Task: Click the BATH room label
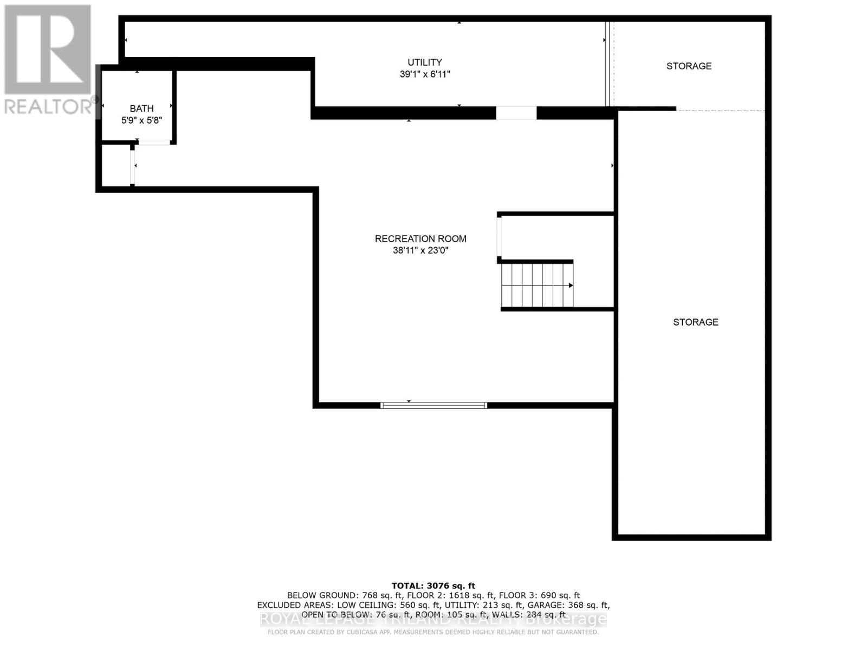point(141,109)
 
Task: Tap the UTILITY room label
point(425,62)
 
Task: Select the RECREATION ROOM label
point(420,239)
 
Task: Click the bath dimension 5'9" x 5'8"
point(141,120)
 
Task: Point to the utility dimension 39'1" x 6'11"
point(425,74)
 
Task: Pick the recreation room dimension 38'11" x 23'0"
point(420,251)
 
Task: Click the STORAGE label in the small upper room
point(689,66)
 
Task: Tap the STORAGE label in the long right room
point(696,322)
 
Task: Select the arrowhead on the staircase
point(571,285)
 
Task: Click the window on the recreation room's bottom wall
point(433,405)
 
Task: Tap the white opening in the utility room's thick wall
point(516,113)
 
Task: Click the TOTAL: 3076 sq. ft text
point(433,586)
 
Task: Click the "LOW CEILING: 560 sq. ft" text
point(387,605)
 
